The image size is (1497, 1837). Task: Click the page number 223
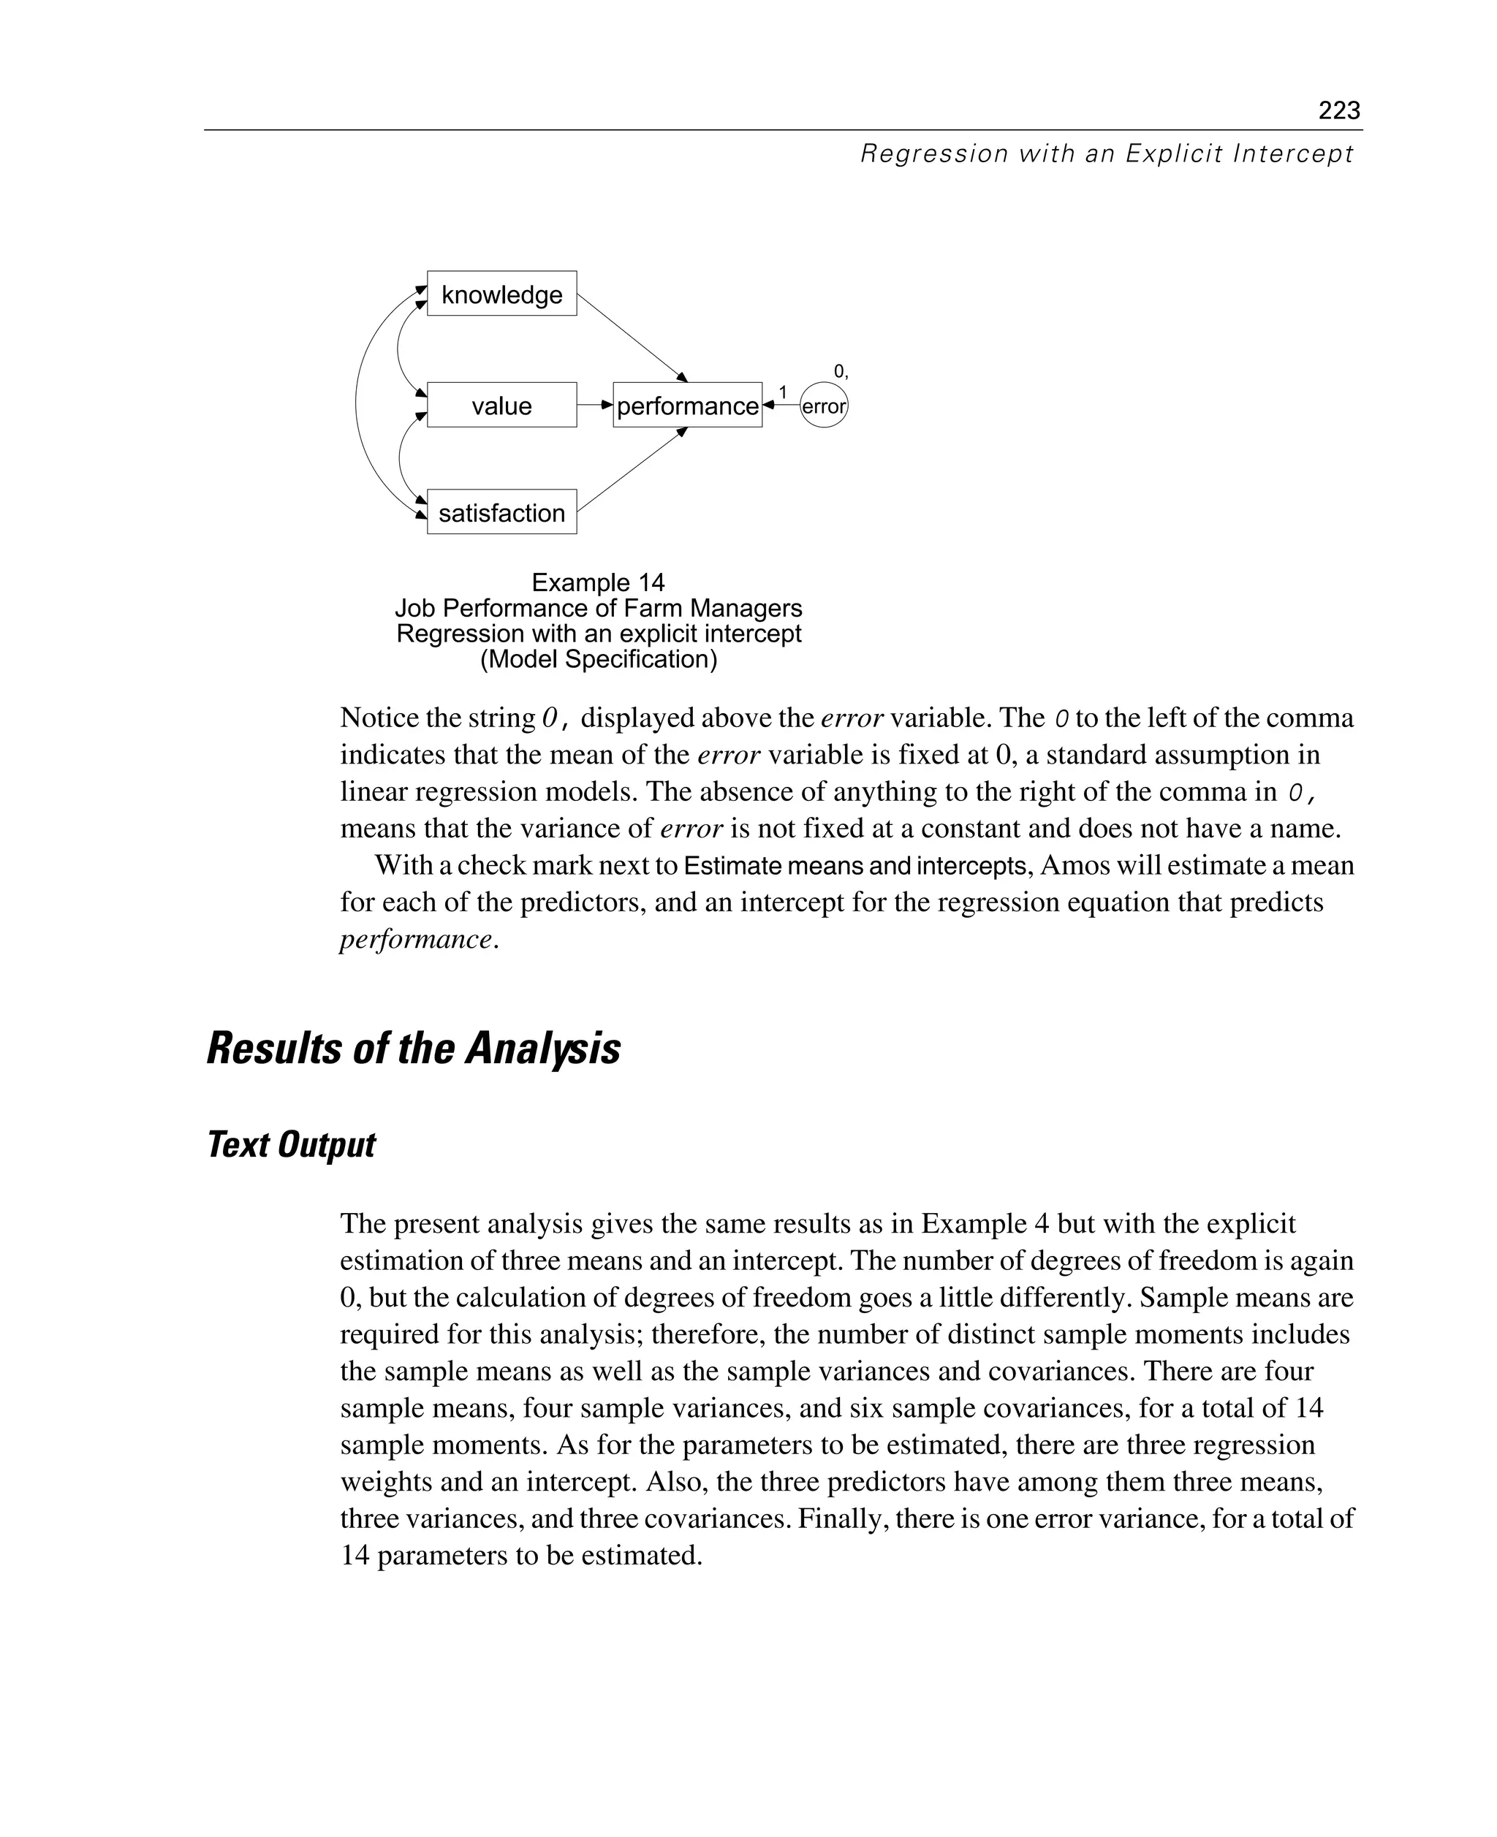(x=1338, y=110)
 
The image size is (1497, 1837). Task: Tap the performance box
(x=687, y=405)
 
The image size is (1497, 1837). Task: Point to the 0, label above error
(x=840, y=371)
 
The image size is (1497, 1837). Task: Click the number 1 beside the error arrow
(x=782, y=393)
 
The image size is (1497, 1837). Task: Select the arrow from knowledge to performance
(x=632, y=336)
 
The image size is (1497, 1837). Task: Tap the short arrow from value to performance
(x=594, y=404)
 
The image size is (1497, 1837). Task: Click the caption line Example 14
(x=598, y=582)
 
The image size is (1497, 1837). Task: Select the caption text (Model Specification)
(x=598, y=659)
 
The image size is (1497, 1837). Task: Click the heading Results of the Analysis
(x=413, y=1049)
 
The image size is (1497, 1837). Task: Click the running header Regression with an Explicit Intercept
(x=1107, y=154)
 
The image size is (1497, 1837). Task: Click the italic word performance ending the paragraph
(x=416, y=940)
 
